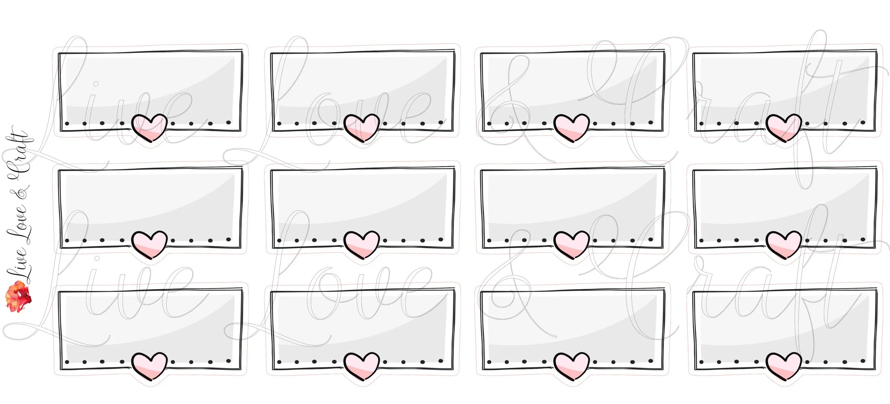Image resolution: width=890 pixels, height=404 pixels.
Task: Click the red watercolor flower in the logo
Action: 18,296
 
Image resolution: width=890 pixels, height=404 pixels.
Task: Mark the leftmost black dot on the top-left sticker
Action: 67,124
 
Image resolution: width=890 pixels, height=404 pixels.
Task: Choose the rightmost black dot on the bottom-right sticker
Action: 863,361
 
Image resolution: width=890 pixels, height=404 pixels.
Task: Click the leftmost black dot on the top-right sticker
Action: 701,124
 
